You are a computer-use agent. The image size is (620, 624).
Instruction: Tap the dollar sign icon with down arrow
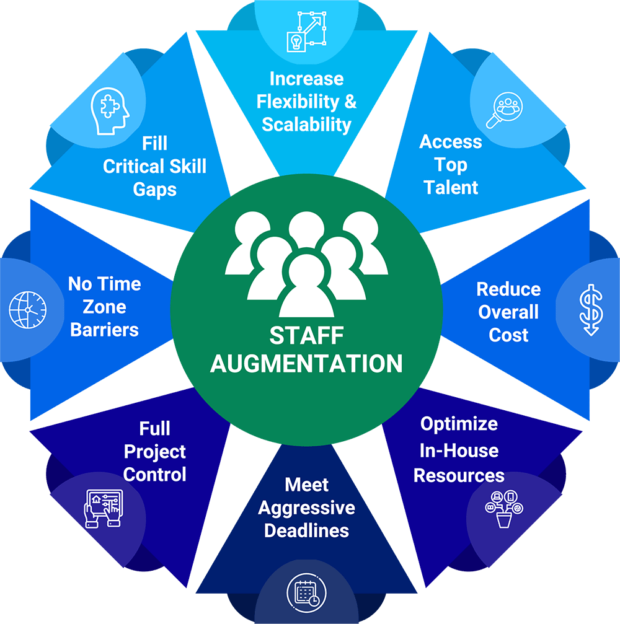coord(590,310)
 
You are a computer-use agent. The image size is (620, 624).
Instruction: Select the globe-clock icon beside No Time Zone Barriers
coord(28,309)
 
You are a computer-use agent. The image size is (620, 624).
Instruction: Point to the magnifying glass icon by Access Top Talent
coord(503,110)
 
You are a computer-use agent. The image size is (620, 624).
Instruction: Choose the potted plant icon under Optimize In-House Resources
coord(504,509)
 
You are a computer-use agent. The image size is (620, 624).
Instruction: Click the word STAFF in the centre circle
coord(306,336)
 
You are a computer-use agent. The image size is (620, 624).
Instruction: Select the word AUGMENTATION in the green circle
coord(306,363)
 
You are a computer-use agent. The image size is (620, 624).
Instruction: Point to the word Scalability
coord(306,124)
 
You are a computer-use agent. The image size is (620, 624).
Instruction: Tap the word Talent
coord(451,188)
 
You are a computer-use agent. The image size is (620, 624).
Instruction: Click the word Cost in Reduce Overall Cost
coord(508,335)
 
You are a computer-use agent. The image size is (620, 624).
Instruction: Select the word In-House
coord(459,450)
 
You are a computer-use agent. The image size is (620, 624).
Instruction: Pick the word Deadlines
coord(306,531)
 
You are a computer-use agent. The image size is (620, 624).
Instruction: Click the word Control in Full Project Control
coord(154,475)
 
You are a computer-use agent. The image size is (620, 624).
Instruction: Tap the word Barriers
coord(104,330)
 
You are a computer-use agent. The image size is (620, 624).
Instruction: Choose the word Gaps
coord(154,189)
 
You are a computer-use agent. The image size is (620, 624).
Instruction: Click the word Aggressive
coord(306,508)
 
